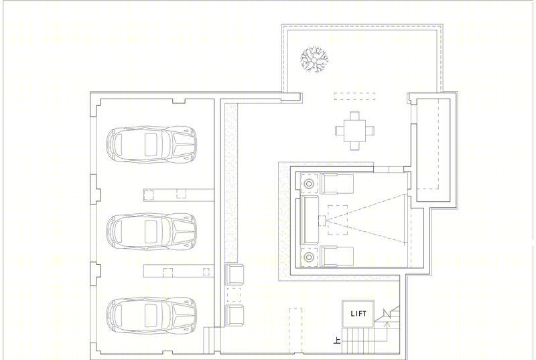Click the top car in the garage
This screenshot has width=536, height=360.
click(151, 144)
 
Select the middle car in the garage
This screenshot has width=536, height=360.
click(151, 231)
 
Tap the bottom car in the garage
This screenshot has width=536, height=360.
click(151, 316)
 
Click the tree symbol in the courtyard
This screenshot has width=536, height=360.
click(314, 60)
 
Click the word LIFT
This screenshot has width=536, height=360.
click(358, 314)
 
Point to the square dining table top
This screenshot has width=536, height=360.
click(354, 131)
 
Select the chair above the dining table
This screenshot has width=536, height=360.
click(355, 116)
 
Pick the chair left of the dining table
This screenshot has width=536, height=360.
click(340, 131)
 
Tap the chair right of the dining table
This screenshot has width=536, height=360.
click(370, 131)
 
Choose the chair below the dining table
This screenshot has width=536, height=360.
click(355, 146)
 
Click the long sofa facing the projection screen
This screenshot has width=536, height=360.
click(310, 220)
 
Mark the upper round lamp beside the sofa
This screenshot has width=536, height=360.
click(309, 184)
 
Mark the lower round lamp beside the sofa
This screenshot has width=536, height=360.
click(309, 256)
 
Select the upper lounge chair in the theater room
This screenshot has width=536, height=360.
click(337, 184)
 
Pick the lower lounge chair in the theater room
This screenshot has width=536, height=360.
click(337, 256)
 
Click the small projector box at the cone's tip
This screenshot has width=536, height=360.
click(322, 221)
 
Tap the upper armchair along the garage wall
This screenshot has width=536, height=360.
click(234, 274)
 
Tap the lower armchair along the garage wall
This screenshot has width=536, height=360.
click(234, 315)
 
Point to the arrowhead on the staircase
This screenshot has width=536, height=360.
click(387, 323)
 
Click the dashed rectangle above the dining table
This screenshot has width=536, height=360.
click(354, 96)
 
